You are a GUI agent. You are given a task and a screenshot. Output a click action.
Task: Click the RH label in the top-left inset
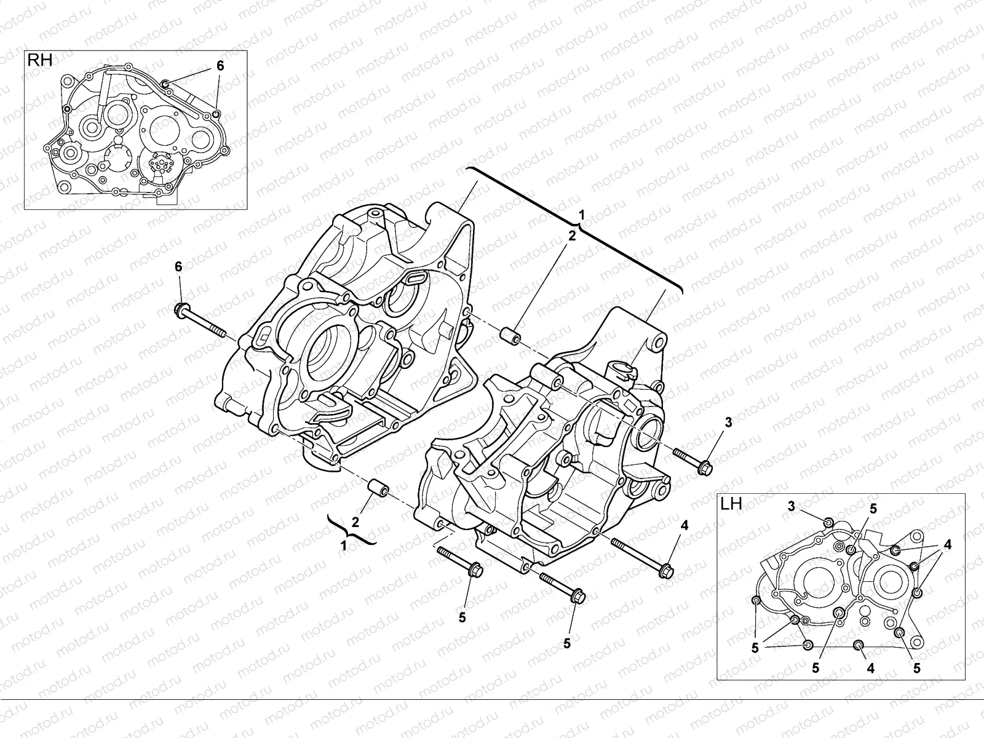[38, 60]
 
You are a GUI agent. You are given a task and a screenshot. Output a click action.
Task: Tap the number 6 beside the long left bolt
[178, 266]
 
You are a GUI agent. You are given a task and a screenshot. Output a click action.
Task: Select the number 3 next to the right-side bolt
[728, 423]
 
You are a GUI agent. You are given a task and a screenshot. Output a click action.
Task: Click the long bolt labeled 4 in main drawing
[643, 557]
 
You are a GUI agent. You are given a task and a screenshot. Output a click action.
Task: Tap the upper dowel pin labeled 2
[510, 337]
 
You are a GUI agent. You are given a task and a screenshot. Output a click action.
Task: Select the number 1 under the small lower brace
[344, 544]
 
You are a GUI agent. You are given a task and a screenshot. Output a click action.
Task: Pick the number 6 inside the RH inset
[220, 66]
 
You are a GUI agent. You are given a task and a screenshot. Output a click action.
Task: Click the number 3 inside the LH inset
[792, 506]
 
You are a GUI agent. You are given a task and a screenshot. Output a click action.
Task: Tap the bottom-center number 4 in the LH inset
[870, 669]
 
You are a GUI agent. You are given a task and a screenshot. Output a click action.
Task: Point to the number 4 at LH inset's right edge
[948, 544]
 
